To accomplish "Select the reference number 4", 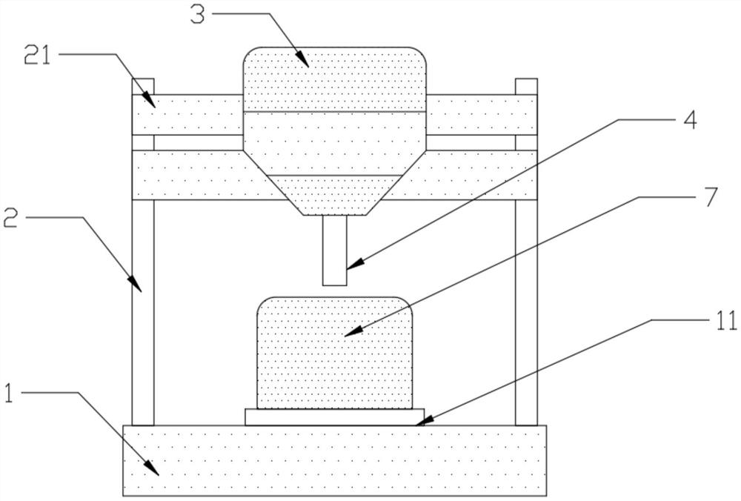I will [689, 121].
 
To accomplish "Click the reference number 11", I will [727, 322].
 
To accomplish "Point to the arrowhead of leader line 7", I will [346, 334].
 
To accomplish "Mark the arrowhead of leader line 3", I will [308, 65].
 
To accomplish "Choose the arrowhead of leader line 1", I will [156, 473].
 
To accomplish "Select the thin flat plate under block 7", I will [334, 417].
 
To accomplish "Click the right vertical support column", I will [526, 311].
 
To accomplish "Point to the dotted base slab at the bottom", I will [335, 460].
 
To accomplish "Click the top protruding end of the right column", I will [526, 86].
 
